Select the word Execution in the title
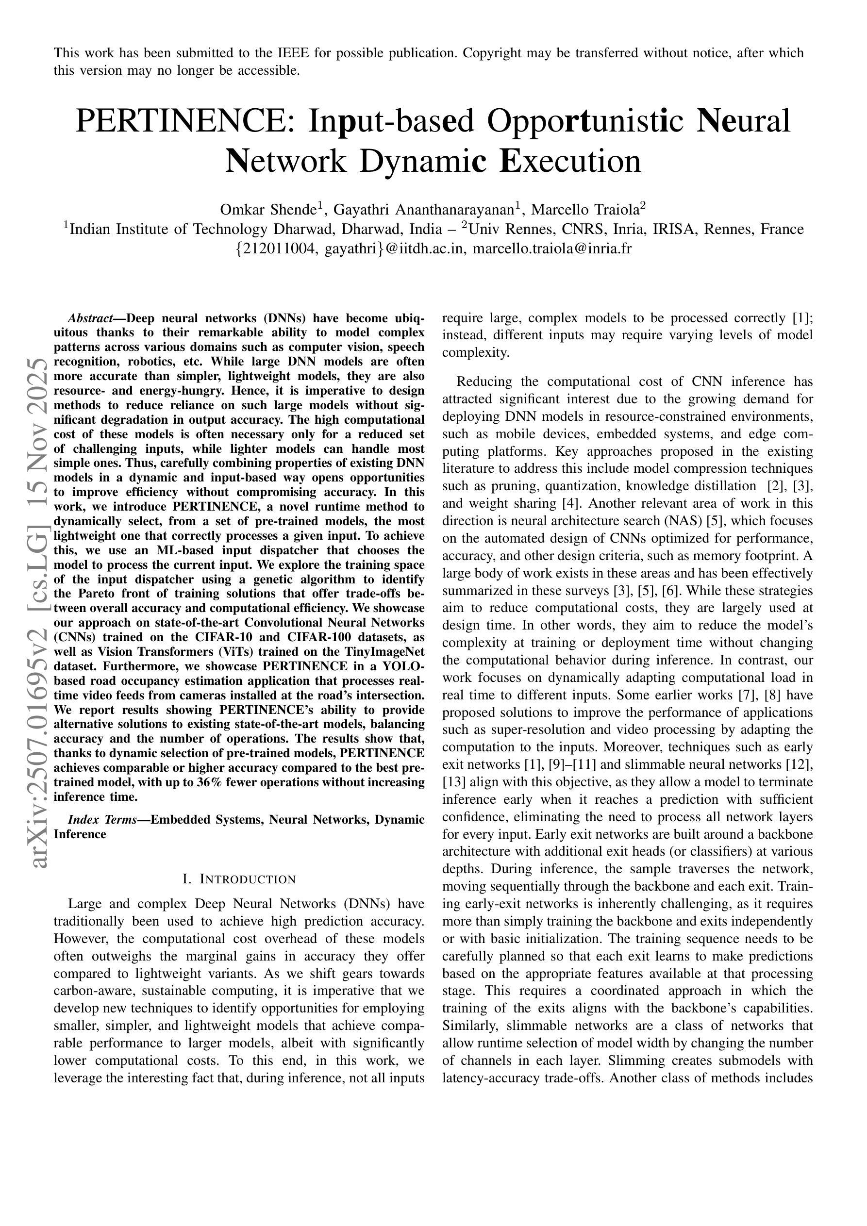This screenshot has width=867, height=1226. [570, 162]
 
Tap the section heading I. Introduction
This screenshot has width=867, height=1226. [239, 879]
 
